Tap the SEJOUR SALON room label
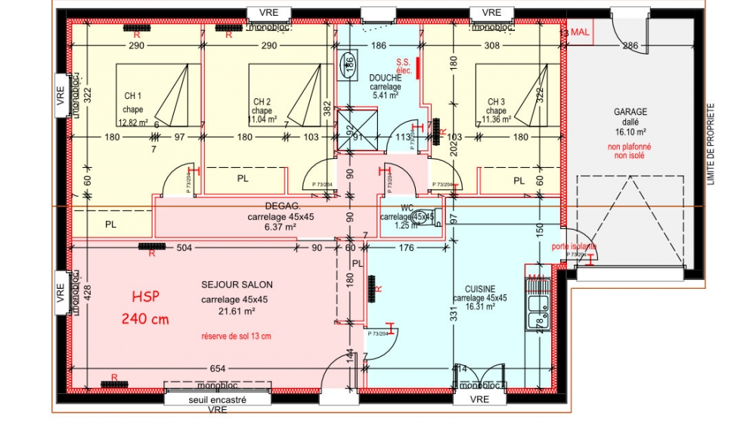(237, 284)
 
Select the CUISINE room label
(480, 288)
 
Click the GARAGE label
(630, 112)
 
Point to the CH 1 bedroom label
(133, 96)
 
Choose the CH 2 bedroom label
(262, 101)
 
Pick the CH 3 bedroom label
(496, 101)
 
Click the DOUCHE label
(385, 78)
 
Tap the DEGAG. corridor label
(283, 206)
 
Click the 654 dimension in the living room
(217, 368)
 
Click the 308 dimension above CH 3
(491, 46)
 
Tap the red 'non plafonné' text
(630, 147)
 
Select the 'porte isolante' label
(574, 247)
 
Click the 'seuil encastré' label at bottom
(218, 399)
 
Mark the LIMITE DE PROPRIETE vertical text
(710, 144)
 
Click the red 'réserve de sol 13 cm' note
(236, 336)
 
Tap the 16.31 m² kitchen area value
(480, 307)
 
